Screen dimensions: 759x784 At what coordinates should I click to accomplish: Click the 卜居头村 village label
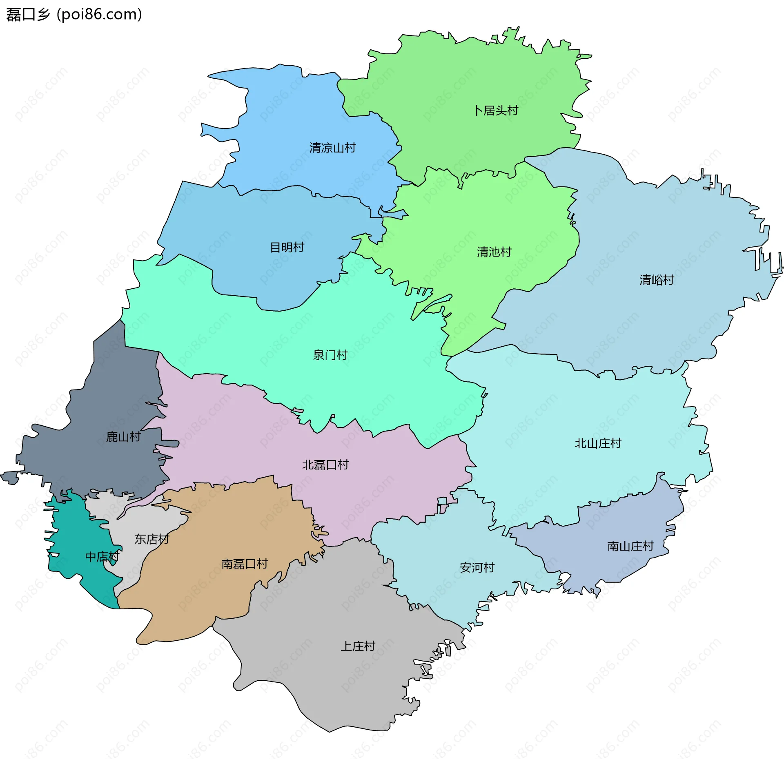(496, 111)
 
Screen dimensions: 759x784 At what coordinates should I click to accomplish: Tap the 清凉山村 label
(332, 148)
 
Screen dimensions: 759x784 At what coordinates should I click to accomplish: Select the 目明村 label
(287, 247)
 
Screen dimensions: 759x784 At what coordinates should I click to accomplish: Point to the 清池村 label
(494, 252)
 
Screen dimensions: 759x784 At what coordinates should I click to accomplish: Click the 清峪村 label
(657, 280)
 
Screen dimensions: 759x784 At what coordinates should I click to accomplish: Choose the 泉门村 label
(330, 355)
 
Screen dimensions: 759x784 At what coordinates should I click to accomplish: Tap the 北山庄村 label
(598, 443)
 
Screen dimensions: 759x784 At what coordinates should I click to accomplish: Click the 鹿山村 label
(123, 437)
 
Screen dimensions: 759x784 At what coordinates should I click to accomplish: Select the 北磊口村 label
(325, 465)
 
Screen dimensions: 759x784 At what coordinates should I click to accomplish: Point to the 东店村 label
(151, 539)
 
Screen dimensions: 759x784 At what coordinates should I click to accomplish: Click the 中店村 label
(102, 557)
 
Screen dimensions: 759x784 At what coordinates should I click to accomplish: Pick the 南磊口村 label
(244, 564)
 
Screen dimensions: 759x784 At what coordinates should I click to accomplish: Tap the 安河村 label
(477, 567)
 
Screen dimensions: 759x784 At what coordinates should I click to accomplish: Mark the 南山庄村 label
(630, 546)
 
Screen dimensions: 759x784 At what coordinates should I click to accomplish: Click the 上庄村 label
(358, 646)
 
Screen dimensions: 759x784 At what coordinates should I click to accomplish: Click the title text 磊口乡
(28, 14)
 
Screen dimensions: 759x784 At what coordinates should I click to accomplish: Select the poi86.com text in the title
(100, 14)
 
